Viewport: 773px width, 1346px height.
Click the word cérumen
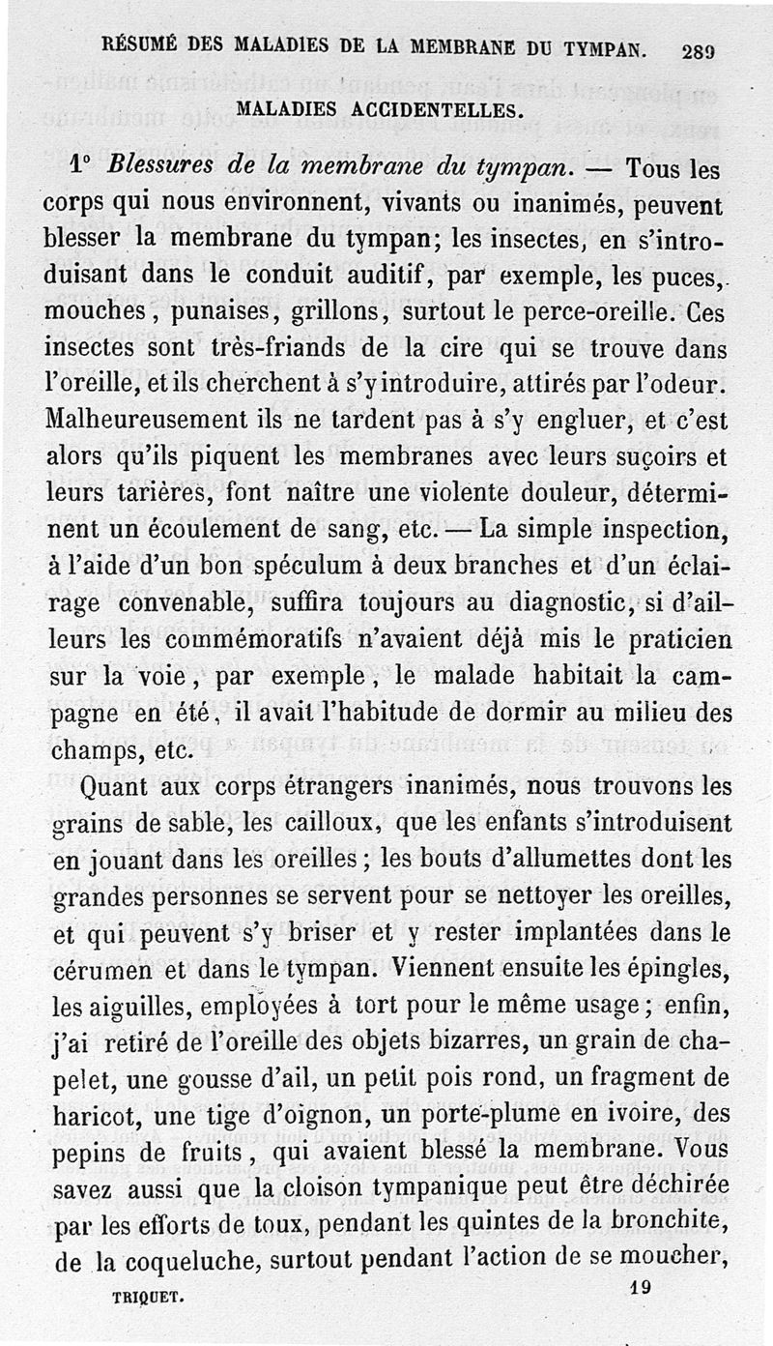(x=96, y=969)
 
